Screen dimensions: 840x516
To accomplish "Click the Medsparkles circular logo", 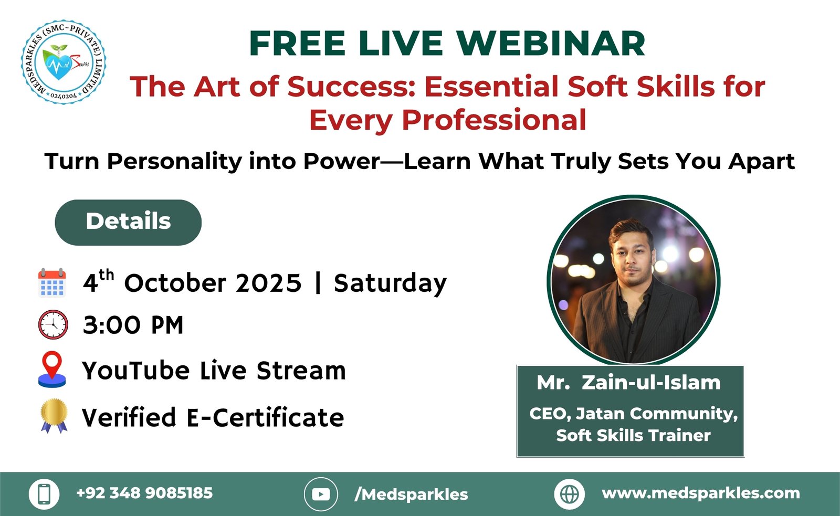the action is [x=64, y=62].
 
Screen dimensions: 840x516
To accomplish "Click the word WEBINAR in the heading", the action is [x=551, y=44].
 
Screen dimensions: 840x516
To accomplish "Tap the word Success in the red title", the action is [x=351, y=86].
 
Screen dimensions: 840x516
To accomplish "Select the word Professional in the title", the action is [x=494, y=120].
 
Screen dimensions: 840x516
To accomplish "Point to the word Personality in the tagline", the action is [x=175, y=162].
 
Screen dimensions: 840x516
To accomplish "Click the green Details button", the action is [x=128, y=223].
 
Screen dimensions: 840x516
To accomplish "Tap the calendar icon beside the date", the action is [x=52, y=283].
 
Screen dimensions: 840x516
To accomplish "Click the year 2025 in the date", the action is [x=268, y=283].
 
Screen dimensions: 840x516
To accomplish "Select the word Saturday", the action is [x=391, y=283].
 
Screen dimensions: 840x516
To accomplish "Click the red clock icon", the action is [x=53, y=324].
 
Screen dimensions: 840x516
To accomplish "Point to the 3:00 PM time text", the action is [x=133, y=325].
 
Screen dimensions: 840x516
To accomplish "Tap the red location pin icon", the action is [x=52, y=369].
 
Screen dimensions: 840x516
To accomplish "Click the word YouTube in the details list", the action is [x=136, y=371].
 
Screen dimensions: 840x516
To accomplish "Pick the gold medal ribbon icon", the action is [x=55, y=416].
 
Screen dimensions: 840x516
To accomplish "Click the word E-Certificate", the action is [x=265, y=417].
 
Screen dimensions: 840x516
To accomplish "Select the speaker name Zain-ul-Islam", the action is [x=651, y=383].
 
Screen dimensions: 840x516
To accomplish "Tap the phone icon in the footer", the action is [x=44, y=494].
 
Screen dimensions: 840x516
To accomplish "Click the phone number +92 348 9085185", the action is [x=144, y=493].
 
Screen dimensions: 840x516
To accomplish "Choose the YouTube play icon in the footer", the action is [x=321, y=494].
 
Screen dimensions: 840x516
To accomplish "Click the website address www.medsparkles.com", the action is [x=701, y=493].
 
